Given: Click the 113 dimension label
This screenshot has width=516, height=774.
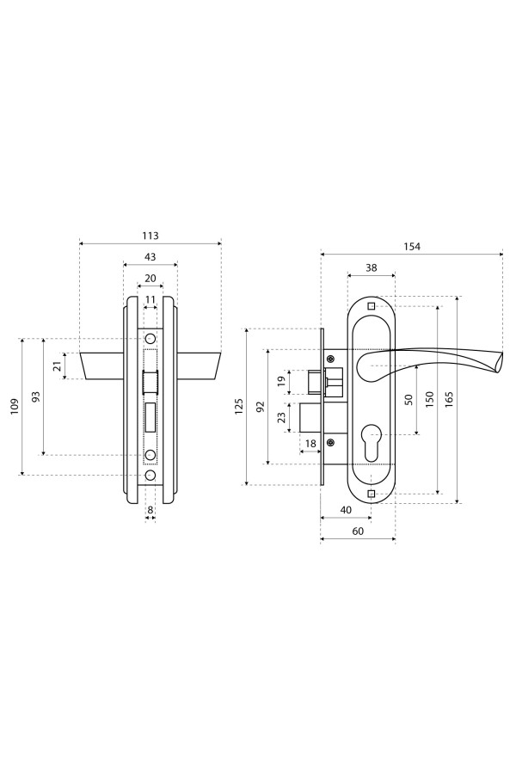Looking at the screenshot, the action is point(150,236).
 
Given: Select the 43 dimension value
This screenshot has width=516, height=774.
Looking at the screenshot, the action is point(150,256).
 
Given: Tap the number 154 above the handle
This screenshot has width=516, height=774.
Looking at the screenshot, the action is point(411,246).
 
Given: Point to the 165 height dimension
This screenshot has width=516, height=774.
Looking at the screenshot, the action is point(448,399).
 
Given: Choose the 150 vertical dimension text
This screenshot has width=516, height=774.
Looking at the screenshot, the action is point(429,399).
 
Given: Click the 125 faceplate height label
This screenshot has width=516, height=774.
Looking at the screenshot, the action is point(239,406).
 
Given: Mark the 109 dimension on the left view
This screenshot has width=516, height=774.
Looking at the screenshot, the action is point(15,406).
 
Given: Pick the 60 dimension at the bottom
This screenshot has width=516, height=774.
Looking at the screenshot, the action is point(359,531).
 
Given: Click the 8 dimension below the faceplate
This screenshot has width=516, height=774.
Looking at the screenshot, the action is point(150,510).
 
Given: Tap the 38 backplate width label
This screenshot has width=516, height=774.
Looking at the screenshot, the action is point(372,267).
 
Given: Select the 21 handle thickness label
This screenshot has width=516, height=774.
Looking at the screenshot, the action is point(58,365).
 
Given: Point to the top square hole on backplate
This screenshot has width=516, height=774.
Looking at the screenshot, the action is point(372,305).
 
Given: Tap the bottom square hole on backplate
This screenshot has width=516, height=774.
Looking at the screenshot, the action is point(372,494).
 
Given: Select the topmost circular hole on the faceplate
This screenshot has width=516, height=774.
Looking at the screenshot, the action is point(150,339).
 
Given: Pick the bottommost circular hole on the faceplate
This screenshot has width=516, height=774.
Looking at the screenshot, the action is point(150,475).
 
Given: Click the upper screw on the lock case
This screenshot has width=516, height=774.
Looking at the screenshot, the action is point(330,359).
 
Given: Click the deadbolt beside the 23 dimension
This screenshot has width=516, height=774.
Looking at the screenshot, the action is point(311,417).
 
